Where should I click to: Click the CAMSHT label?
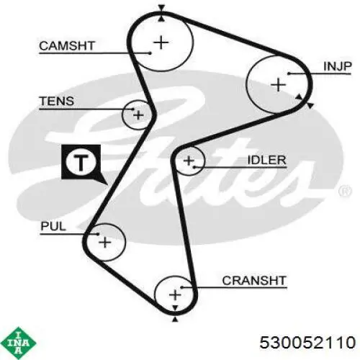pyautogui.click(x=67, y=45)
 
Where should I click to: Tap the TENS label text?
pyautogui.click(x=57, y=101)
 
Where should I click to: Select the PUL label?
pyautogui.click(x=53, y=226)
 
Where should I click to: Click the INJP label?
pyautogui.click(x=337, y=66)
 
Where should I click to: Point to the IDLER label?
pyautogui.click(x=266, y=160)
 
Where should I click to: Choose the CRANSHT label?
pyautogui.click(x=254, y=280)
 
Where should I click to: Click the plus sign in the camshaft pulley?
pyautogui.click(x=161, y=42)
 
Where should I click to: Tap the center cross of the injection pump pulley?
pyautogui.click(x=279, y=85)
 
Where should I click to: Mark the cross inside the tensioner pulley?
pyautogui.click(x=138, y=115)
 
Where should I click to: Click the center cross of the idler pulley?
pyautogui.click(x=189, y=161)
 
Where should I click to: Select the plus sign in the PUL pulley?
pyautogui.click(x=105, y=242)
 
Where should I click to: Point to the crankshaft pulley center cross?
pyautogui.click(x=175, y=294)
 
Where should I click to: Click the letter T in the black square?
pyautogui.click(x=81, y=162)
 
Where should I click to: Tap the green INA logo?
pyautogui.click(x=18, y=343)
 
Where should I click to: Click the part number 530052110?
pyautogui.click(x=307, y=343)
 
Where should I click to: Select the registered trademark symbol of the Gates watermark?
pyautogui.click(x=345, y=192)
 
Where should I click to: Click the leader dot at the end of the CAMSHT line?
pyautogui.click(x=150, y=53)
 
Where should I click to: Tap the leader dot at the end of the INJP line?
pyautogui.click(x=289, y=73)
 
